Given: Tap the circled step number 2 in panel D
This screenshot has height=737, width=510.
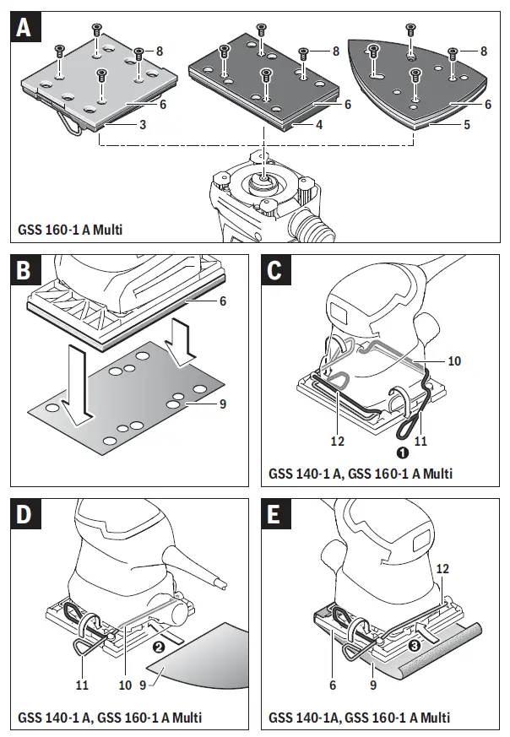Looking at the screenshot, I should (x=156, y=648).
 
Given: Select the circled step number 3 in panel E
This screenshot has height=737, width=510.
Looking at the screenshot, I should (x=414, y=646).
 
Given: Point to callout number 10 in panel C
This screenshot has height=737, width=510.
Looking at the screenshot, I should (x=453, y=360).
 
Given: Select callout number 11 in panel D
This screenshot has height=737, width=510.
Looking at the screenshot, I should (x=84, y=685).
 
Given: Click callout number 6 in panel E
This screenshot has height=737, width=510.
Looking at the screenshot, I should (x=334, y=685).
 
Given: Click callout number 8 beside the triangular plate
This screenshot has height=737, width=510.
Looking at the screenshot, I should (x=484, y=51).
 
